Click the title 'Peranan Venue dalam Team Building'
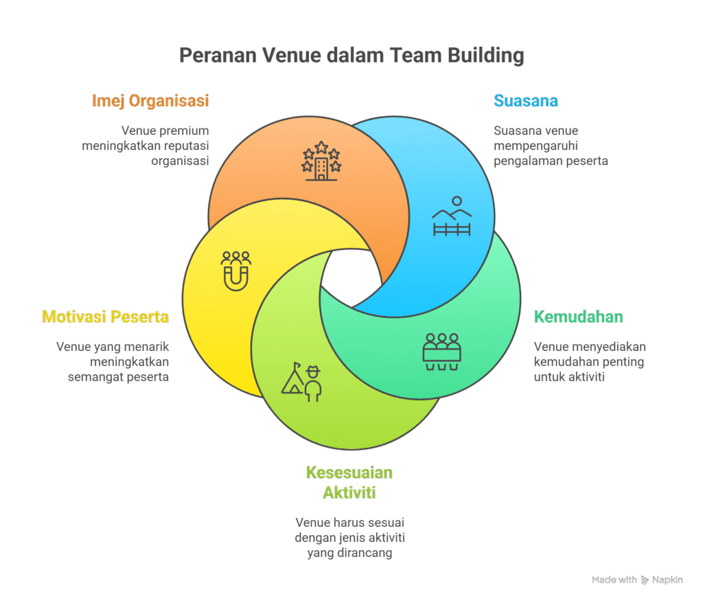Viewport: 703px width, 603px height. click(351, 55)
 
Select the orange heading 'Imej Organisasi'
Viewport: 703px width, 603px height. click(150, 101)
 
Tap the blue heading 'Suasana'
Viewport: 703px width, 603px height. click(526, 101)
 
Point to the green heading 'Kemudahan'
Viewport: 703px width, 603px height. click(579, 317)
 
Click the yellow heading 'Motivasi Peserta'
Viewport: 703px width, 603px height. click(105, 317)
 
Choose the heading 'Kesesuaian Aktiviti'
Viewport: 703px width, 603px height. click(349, 483)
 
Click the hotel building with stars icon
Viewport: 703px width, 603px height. click(321, 161)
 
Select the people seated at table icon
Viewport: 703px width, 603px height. click(441, 351)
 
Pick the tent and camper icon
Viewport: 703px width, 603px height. click(302, 382)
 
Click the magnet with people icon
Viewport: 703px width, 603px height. click(236, 271)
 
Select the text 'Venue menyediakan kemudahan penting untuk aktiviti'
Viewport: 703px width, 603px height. click(589, 362)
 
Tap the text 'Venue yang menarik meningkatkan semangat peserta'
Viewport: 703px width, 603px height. click(113, 362)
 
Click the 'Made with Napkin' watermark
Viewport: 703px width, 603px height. click(637, 580)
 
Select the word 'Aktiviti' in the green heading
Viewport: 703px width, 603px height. click(349, 492)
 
